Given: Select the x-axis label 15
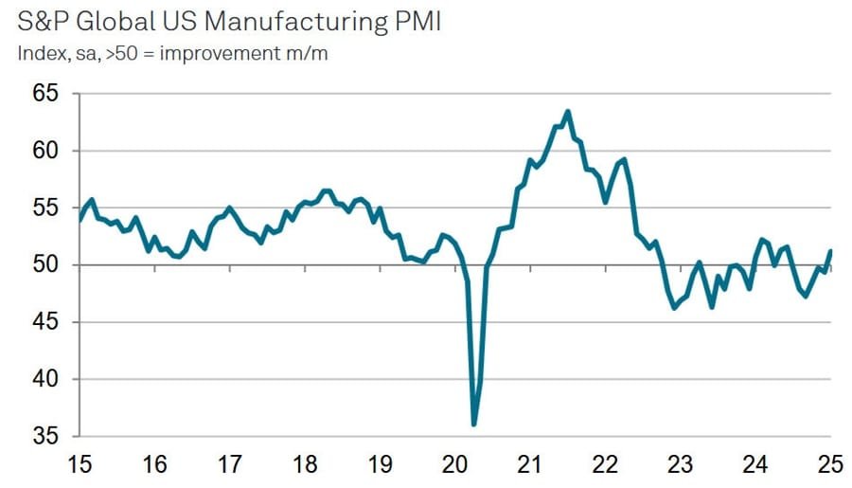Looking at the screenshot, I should [x=80, y=465].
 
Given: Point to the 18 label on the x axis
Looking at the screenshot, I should [x=305, y=465].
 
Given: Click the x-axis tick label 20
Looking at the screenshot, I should [x=455, y=465].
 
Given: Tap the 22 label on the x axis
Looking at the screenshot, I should [x=606, y=465].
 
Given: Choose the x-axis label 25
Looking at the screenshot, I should [x=831, y=465].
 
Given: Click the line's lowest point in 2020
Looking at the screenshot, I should [x=473, y=424].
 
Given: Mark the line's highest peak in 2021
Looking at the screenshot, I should [x=567, y=112].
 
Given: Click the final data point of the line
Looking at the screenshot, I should [x=830, y=251].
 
